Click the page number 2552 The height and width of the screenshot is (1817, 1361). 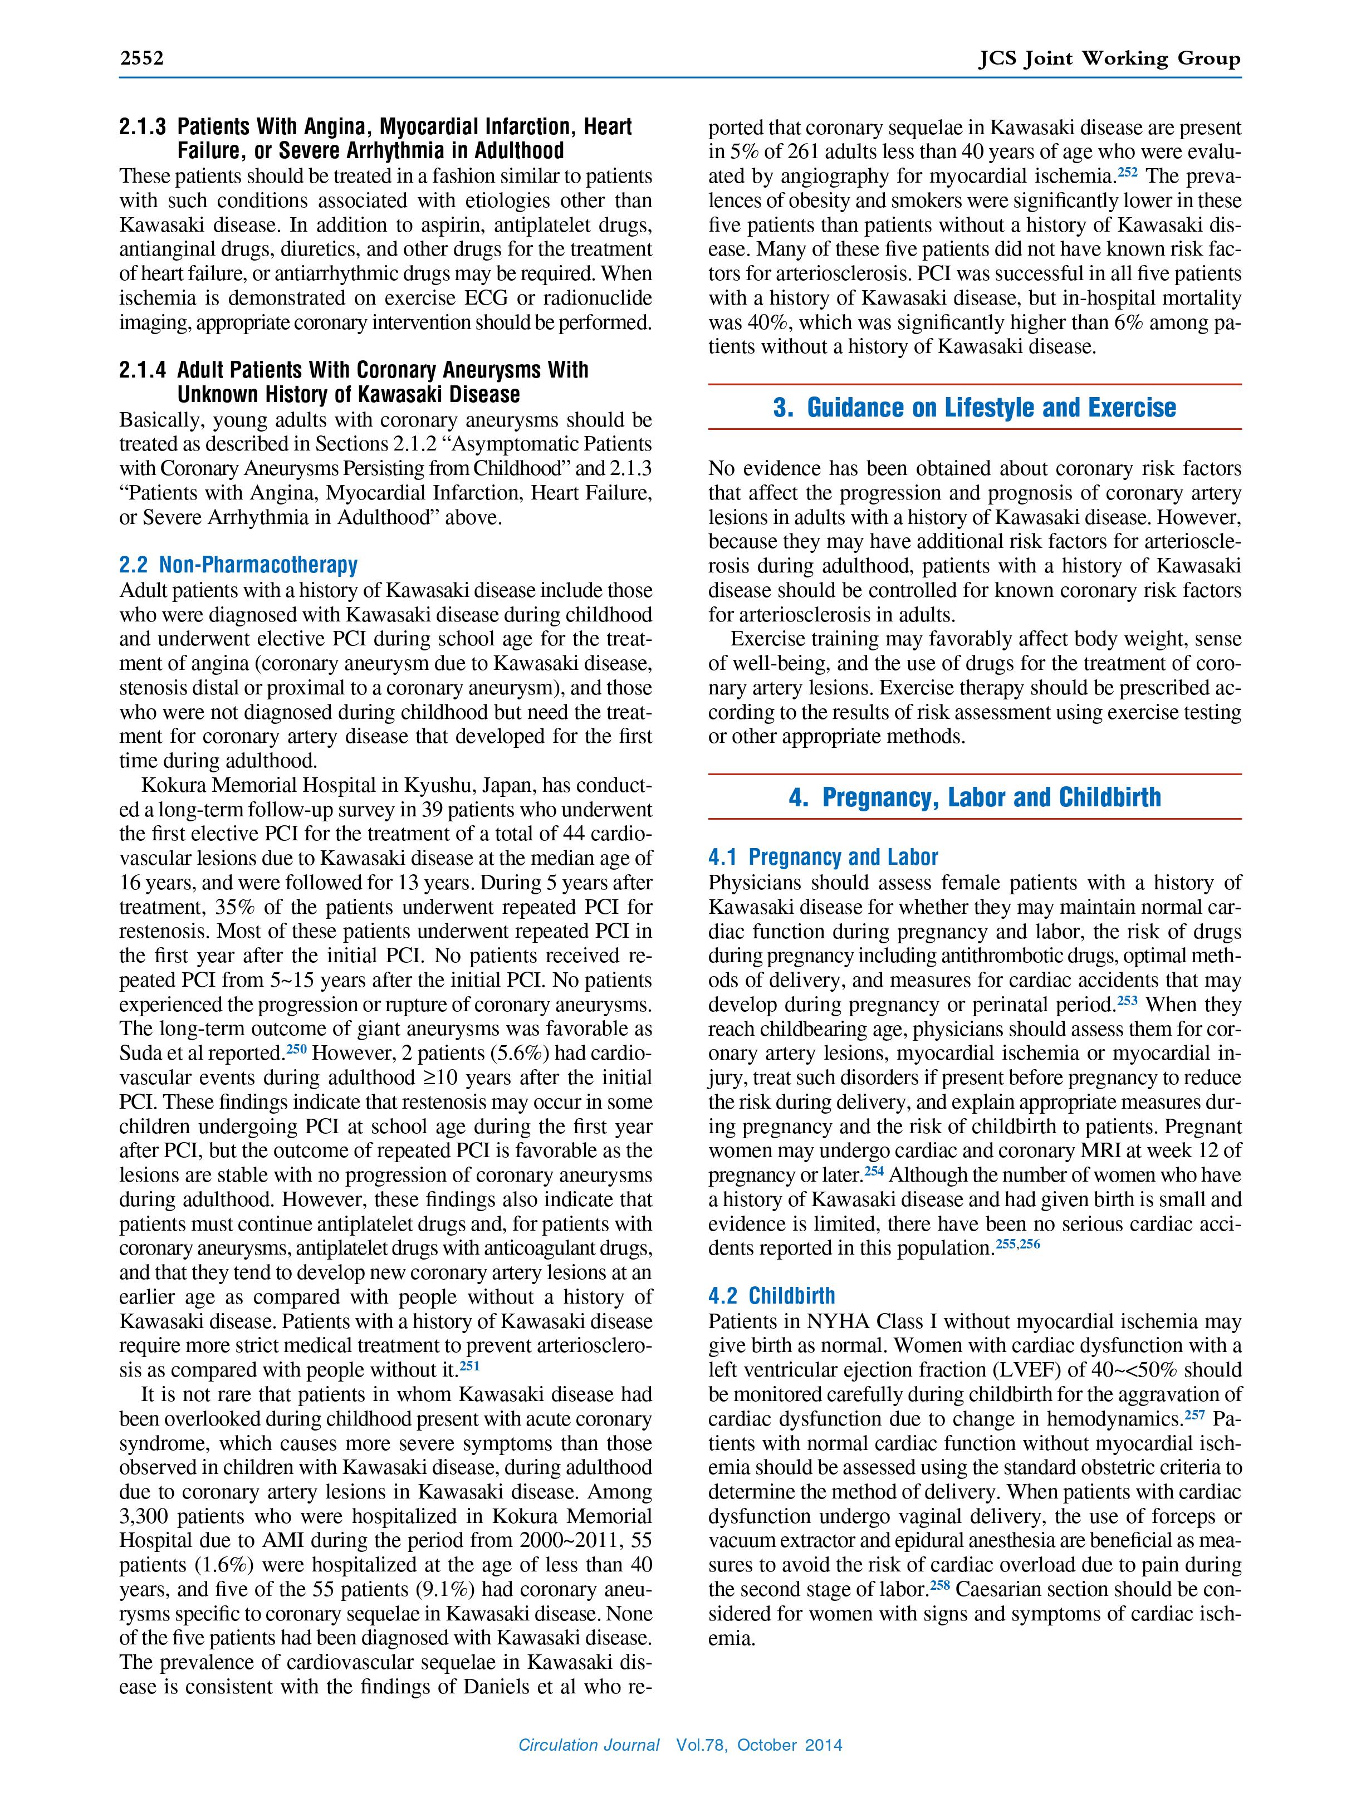142,58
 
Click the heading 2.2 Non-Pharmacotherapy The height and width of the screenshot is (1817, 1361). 238,565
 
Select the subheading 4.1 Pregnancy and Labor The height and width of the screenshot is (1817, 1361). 823,858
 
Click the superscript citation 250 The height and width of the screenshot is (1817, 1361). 296,1049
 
